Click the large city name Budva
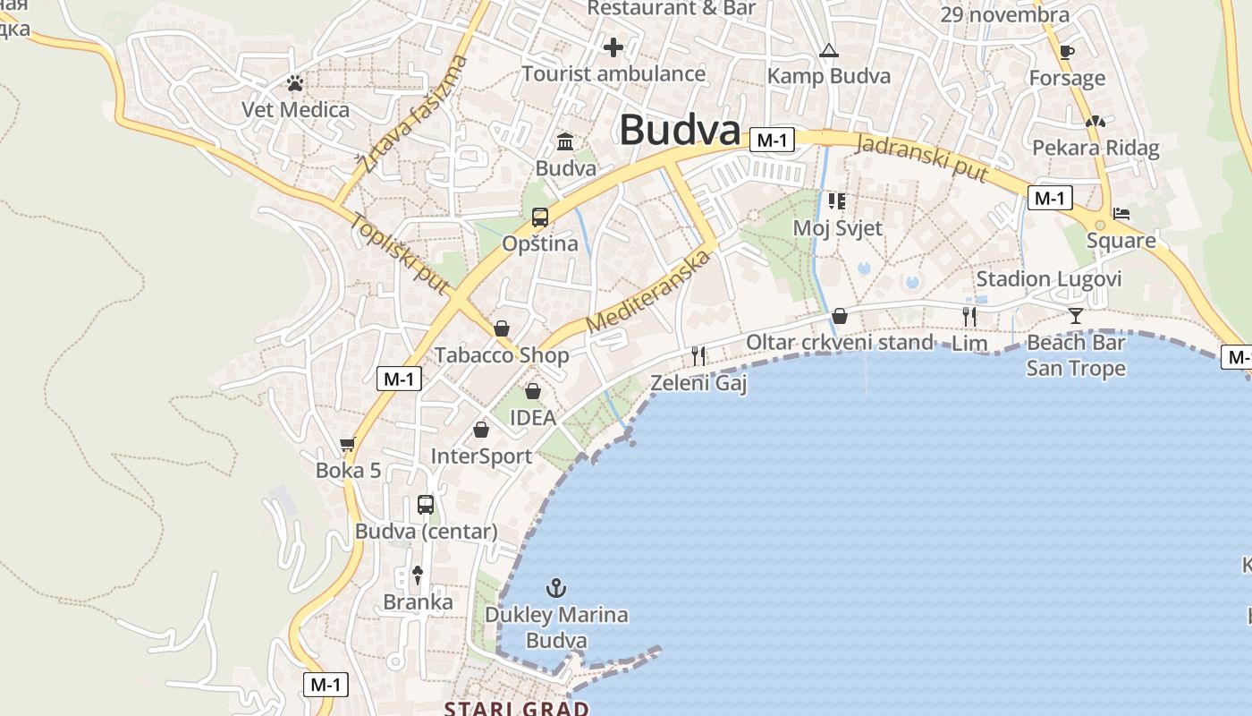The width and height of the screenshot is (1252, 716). pos(680,131)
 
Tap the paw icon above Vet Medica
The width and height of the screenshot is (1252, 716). pos(295,84)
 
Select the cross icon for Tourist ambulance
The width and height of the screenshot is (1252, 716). pos(613,47)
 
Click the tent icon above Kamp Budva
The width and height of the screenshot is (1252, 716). pos(828,51)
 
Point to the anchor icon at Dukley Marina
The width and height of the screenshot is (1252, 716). pos(556,588)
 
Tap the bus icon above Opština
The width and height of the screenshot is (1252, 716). pos(540,217)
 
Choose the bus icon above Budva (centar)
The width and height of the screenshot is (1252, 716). pos(426,505)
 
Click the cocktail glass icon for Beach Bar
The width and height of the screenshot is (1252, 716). pos(1075,315)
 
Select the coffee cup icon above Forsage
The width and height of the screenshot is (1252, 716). pos(1066,52)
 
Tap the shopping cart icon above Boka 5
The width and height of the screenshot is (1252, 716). pos(348,444)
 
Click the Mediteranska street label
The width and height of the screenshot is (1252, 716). pos(649,292)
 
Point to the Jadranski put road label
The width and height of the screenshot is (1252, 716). pos(921,158)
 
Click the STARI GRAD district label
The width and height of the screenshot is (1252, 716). pos(517,708)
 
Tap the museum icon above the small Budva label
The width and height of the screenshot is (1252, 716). pos(565,141)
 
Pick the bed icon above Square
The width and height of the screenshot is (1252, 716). pos(1121,214)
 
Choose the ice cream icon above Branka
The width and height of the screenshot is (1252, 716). pos(417,575)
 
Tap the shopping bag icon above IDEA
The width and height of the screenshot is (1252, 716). pos(533,391)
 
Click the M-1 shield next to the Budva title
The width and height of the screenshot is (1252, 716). pos(772,140)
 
